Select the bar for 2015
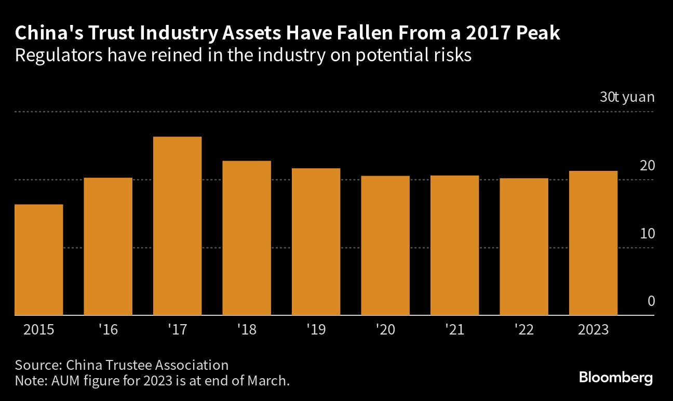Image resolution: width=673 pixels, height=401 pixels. click(x=39, y=260)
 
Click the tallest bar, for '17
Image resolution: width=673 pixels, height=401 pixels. click(x=177, y=226)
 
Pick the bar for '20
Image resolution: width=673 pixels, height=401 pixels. click(x=385, y=245)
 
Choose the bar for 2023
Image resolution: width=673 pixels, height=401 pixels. click(x=593, y=243)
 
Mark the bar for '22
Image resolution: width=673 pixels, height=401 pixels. click(x=524, y=247)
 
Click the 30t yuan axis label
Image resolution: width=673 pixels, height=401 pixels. click(x=627, y=97)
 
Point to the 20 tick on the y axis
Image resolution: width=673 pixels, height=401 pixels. click(x=647, y=166)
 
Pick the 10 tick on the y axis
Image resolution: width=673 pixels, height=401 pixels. click(x=647, y=234)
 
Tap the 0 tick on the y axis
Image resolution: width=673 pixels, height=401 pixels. click(x=651, y=302)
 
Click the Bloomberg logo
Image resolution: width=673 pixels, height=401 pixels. click(x=615, y=378)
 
